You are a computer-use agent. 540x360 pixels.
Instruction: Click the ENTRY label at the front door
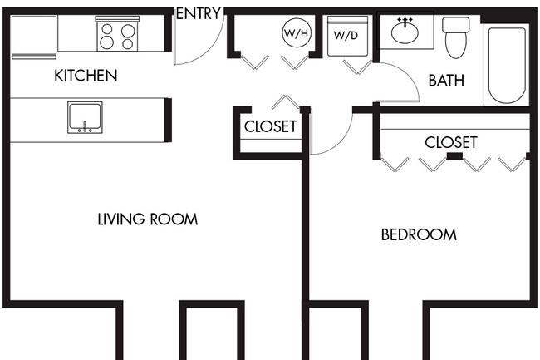pyautogui.click(x=199, y=14)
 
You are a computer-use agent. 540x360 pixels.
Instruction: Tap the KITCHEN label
pyautogui.click(x=86, y=76)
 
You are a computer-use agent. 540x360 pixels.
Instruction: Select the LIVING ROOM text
pyautogui.click(x=148, y=219)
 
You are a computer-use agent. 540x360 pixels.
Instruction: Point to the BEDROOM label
pyautogui.click(x=419, y=234)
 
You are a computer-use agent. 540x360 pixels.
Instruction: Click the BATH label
pyautogui.click(x=446, y=81)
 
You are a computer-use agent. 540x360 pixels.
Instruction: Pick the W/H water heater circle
pyautogui.click(x=297, y=33)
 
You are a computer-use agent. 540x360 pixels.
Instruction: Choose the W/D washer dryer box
pyautogui.click(x=347, y=36)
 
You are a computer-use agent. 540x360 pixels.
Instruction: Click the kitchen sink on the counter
pyautogui.click(x=85, y=117)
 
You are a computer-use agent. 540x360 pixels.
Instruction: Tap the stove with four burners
pyautogui.click(x=117, y=34)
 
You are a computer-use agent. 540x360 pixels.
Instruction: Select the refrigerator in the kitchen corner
pyautogui.click(x=34, y=37)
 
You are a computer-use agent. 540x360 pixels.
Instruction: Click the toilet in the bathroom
pyautogui.click(x=455, y=37)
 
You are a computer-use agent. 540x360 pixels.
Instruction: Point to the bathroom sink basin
pyautogui.click(x=405, y=32)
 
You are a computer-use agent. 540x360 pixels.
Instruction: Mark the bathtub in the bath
pyautogui.click(x=507, y=65)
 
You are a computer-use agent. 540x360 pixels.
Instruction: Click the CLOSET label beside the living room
pyautogui.click(x=270, y=126)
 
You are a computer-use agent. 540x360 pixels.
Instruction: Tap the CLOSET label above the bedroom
pyautogui.click(x=451, y=142)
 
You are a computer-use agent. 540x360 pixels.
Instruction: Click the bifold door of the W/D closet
pyautogui.click(x=358, y=67)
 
